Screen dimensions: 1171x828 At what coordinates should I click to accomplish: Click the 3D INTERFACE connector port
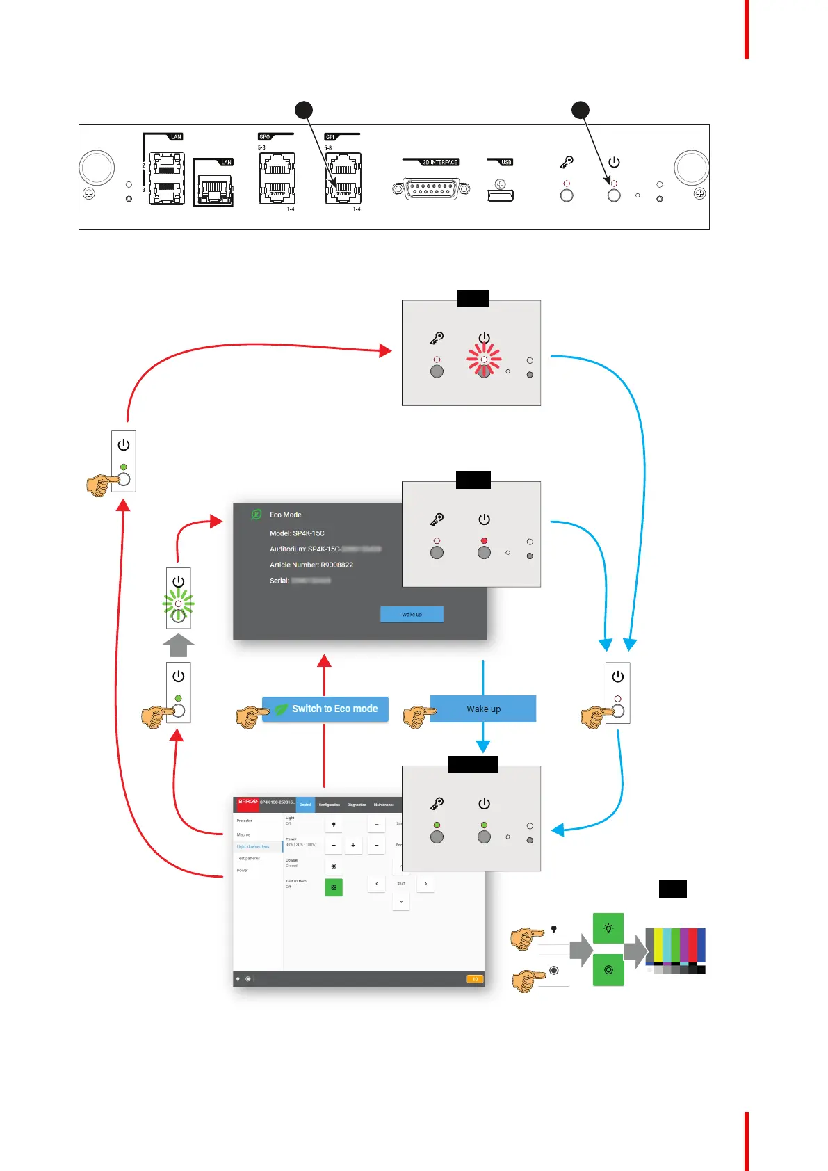[431, 188]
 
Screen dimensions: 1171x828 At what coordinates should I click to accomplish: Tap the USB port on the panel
[500, 195]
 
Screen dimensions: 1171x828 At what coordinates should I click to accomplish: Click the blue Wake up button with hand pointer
[482, 709]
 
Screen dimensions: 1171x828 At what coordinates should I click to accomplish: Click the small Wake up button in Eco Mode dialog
[412, 614]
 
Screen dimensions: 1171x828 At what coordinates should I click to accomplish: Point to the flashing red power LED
[484, 360]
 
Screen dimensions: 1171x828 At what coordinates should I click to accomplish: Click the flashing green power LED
[178, 604]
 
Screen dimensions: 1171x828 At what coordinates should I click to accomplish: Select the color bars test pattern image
[675, 951]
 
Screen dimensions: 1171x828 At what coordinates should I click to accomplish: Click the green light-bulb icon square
[608, 928]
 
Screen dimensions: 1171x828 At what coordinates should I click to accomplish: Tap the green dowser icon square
[608, 970]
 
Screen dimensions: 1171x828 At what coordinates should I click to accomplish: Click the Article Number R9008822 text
[311, 565]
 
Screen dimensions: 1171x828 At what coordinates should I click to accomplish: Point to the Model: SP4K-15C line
[297, 533]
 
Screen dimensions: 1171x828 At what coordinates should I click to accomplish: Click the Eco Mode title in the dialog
[285, 515]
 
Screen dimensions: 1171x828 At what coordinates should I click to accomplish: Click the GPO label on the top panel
[265, 137]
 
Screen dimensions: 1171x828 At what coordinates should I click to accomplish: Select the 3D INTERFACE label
[440, 162]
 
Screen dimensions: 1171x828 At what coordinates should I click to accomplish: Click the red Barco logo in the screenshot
[247, 802]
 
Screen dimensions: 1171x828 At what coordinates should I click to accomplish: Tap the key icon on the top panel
[567, 162]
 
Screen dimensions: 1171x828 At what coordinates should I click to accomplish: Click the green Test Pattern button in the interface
[334, 887]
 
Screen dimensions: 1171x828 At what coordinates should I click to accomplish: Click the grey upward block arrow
[178, 645]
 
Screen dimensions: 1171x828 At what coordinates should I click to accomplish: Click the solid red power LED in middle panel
[484, 540]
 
